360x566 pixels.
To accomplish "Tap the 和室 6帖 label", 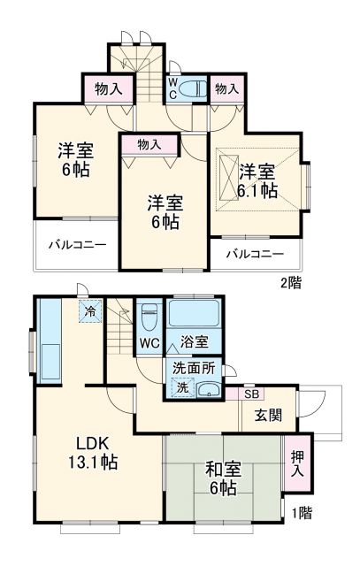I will pyautogui.click(x=221, y=478).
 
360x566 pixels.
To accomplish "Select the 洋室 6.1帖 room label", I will pyautogui.click(x=257, y=180).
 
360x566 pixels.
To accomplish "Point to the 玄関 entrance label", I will pyautogui.click(x=270, y=414).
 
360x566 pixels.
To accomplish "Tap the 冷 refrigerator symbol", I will pyautogui.click(x=88, y=311).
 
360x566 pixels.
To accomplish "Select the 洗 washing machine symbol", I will pyautogui.click(x=181, y=386).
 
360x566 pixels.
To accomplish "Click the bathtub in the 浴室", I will pyautogui.click(x=195, y=313).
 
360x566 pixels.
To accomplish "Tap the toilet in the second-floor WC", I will pyautogui.click(x=195, y=88).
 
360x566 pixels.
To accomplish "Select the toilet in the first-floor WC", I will pyautogui.click(x=149, y=316).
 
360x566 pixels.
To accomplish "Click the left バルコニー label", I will pyautogui.click(x=76, y=243).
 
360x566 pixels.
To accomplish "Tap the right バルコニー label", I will pyautogui.click(x=254, y=254).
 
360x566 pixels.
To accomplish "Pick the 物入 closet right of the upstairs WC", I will pyautogui.click(x=226, y=89).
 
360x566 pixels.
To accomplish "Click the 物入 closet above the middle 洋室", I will pyautogui.click(x=149, y=144).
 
